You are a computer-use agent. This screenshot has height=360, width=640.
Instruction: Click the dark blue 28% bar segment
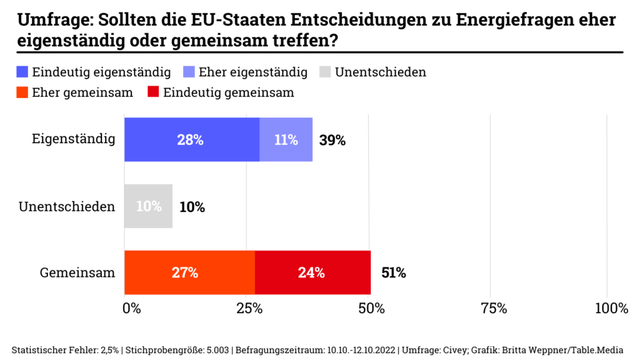191,139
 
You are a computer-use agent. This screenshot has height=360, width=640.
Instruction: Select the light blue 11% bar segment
286,139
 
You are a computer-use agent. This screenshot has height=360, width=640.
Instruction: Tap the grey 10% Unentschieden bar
148,206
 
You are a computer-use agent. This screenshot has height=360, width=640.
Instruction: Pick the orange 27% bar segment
189,272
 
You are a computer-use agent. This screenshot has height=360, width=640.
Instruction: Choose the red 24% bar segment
312,272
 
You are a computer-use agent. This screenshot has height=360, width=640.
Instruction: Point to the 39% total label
332,140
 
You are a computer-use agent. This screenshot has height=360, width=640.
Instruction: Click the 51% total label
393,272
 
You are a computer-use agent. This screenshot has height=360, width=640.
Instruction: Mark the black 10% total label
192,207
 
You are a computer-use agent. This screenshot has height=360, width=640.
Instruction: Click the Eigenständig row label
74,139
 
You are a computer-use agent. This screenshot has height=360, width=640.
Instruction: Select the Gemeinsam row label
77,272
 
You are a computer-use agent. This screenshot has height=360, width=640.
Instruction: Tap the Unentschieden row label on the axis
67,206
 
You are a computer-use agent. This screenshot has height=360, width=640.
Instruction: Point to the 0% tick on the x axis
131,308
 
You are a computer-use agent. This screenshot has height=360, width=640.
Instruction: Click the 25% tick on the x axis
249,308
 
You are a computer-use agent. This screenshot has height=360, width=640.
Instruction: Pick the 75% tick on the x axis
492,308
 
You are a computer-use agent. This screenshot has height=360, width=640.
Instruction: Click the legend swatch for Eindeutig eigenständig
23,72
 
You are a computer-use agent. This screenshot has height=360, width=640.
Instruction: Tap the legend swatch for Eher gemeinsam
23,92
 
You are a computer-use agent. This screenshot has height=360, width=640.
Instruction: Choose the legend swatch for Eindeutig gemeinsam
152,92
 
